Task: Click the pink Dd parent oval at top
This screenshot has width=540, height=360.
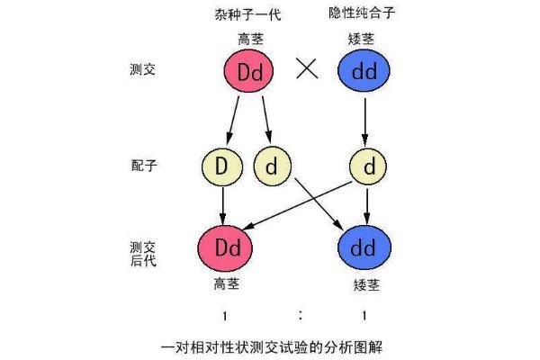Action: point(249,70)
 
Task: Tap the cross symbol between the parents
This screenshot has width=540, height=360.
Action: point(307,70)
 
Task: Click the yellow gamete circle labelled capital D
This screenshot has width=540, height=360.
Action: point(222,166)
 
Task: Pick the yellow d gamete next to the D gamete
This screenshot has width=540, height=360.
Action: point(271,166)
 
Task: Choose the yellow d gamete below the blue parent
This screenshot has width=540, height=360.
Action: point(365,166)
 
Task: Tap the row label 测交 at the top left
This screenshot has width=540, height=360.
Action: point(143,68)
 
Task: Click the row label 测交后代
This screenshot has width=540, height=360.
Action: point(143,252)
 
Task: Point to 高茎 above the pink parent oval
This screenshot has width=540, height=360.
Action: point(249,39)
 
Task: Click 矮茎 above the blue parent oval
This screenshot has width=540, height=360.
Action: point(365,39)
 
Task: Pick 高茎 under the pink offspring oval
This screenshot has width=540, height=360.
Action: point(225,283)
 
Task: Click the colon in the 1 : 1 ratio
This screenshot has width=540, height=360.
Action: point(300,314)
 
